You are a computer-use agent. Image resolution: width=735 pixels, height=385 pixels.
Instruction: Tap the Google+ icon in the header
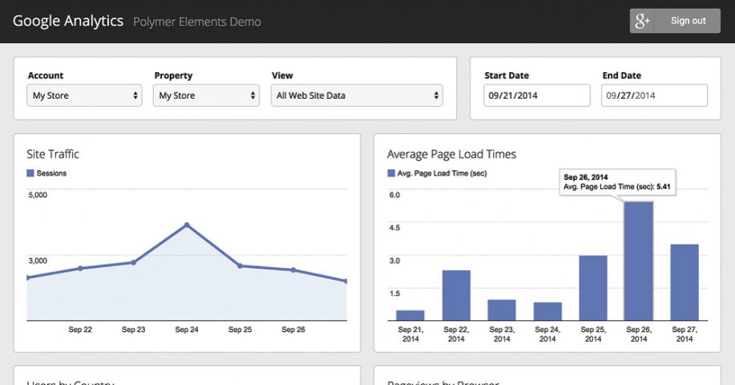tap(642, 22)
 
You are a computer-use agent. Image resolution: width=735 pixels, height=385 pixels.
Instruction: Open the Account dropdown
tap(85, 95)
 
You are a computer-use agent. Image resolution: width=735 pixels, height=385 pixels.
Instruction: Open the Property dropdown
tap(207, 95)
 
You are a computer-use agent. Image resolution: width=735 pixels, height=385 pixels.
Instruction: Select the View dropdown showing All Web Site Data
tap(357, 95)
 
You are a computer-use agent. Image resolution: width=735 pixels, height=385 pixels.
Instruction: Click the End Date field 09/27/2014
tap(654, 95)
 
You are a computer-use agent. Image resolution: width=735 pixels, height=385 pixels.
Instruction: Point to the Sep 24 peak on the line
tap(187, 225)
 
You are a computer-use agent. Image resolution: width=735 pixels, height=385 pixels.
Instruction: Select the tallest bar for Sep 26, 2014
tap(639, 261)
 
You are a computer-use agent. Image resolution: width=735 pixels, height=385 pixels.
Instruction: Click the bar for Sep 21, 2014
tap(410, 315)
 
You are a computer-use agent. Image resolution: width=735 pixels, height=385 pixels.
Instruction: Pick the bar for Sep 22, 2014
tap(456, 295)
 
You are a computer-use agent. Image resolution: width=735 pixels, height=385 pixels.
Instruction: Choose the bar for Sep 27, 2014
tap(684, 282)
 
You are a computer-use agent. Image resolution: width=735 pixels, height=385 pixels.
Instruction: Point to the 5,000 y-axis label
tap(38, 195)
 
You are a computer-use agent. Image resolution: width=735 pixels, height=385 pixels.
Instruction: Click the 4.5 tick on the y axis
tap(394, 227)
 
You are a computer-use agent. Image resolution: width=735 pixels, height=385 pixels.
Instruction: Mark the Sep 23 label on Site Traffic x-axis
tap(133, 330)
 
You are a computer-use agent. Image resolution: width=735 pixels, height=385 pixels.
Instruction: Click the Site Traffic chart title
tap(53, 154)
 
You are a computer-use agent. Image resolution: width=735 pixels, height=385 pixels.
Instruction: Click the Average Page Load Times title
tap(451, 154)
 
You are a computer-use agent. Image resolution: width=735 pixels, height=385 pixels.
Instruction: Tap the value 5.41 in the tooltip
tap(663, 187)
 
